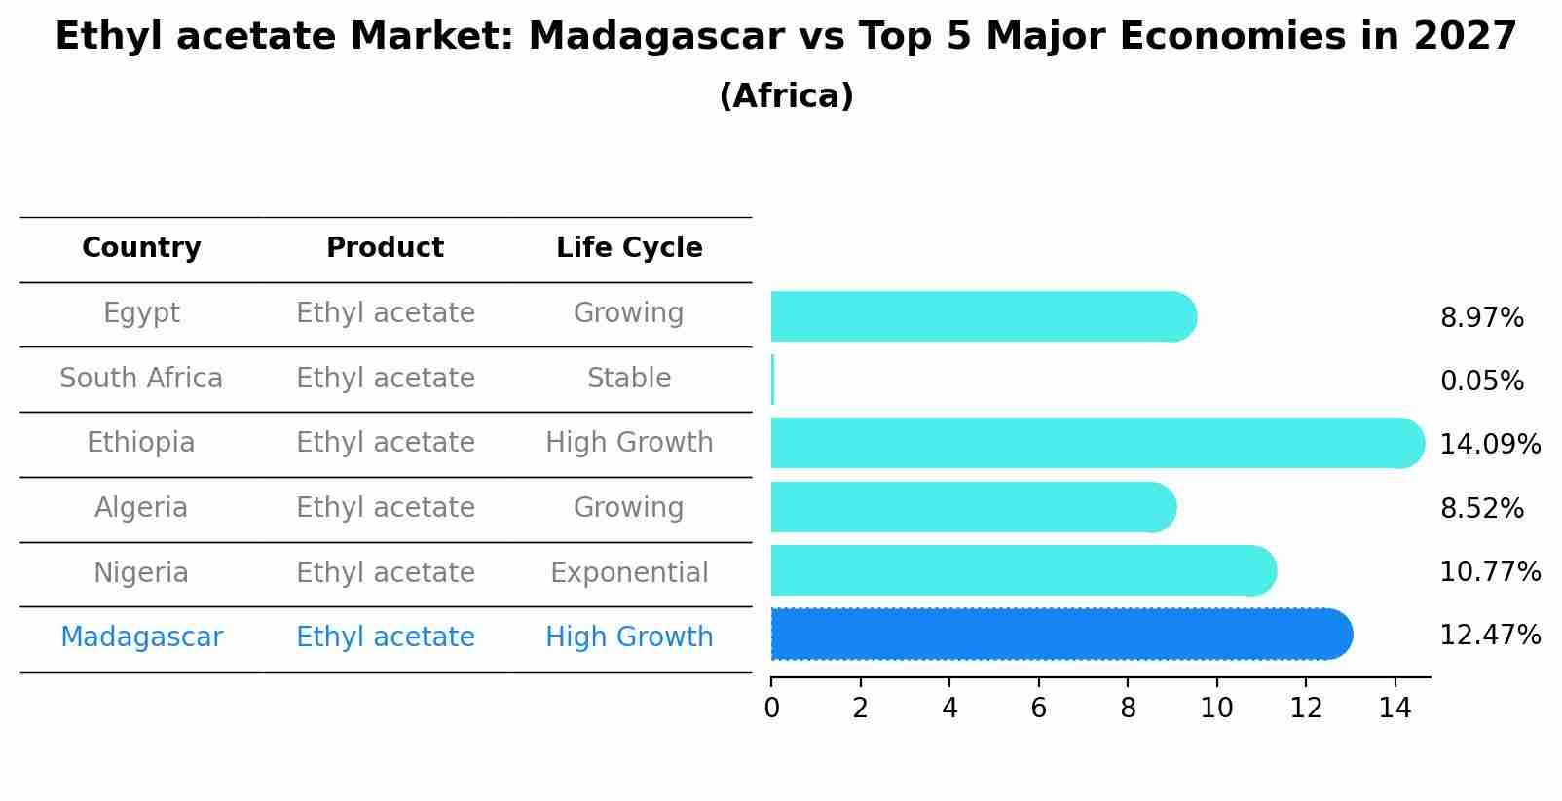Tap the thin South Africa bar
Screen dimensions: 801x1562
[772, 380]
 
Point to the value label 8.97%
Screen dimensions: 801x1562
[1481, 318]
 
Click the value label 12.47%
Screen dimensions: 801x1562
[1489, 636]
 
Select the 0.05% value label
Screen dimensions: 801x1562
[1481, 382]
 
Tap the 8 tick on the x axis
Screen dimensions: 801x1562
[1128, 709]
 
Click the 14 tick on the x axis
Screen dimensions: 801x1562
[1395, 709]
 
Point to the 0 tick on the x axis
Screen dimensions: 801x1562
[771, 709]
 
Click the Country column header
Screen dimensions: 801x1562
[141, 248]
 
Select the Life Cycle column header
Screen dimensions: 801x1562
[629, 248]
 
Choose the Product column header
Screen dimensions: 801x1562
[385, 248]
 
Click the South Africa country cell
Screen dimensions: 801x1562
[141, 379]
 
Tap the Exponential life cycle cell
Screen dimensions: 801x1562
[629, 573]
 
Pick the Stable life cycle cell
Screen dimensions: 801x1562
[629, 379]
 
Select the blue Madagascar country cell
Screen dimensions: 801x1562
[141, 637]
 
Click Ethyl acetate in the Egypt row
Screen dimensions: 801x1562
[385, 313]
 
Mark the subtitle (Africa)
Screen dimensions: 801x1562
[786, 96]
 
